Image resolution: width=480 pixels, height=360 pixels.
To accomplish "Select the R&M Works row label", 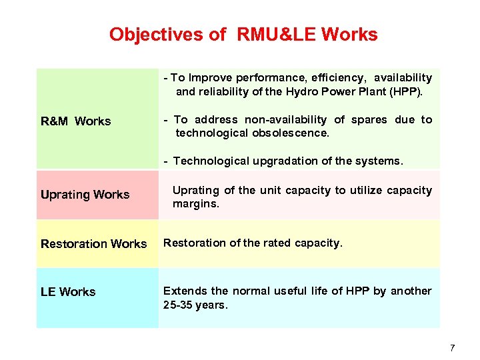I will point(76,121).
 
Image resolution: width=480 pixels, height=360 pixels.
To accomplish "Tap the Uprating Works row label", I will point(85,195).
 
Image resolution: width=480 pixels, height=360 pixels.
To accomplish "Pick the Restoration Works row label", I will point(93,244).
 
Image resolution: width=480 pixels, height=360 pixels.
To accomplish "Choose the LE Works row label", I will point(68,292).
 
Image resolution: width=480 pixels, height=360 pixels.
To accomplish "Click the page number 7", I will point(452,347).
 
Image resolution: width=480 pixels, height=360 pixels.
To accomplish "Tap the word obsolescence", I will point(291,133).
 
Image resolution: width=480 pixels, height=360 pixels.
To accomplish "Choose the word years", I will point(212,305).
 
